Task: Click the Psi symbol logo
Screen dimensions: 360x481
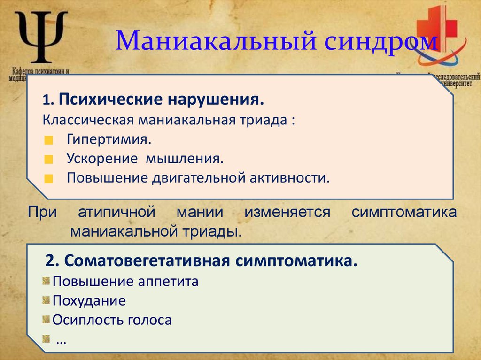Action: pyautogui.click(x=41, y=37)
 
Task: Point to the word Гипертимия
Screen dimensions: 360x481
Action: pyautogui.click(x=109, y=140)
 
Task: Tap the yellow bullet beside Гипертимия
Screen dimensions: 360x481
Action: pyautogui.click(x=50, y=141)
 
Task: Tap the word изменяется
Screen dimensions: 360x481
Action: pyautogui.click(x=287, y=212)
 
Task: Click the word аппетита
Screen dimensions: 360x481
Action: pyautogui.click(x=169, y=282)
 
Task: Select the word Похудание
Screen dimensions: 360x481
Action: pyautogui.click(x=89, y=301)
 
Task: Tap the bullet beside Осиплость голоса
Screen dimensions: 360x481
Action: pyautogui.click(x=46, y=320)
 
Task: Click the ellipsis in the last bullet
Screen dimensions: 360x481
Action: pyautogui.click(x=61, y=341)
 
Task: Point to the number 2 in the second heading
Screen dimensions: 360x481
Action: pyautogui.click(x=50, y=260)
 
